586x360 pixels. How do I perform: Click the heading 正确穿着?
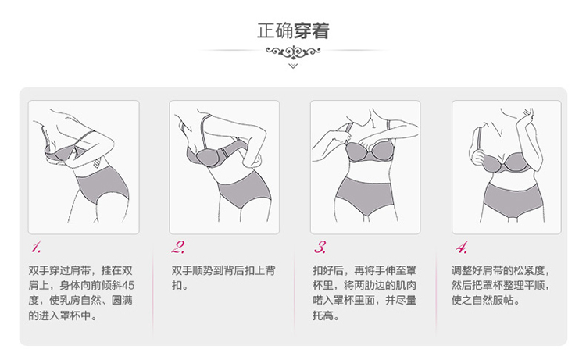point(293,31)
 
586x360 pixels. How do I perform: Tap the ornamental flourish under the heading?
point(293,52)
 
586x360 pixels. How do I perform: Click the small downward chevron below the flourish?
point(293,66)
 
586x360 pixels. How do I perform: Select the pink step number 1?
point(36,248)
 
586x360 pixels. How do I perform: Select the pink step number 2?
point(178,248)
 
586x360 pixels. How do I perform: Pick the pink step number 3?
point(320,248)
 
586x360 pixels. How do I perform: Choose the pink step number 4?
point(462,248)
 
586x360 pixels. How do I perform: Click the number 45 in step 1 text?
point(128,286)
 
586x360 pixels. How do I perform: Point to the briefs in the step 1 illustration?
point(102,184)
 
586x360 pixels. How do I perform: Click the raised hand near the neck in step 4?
point(526,116)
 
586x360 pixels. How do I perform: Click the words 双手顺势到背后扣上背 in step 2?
point(223,270)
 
